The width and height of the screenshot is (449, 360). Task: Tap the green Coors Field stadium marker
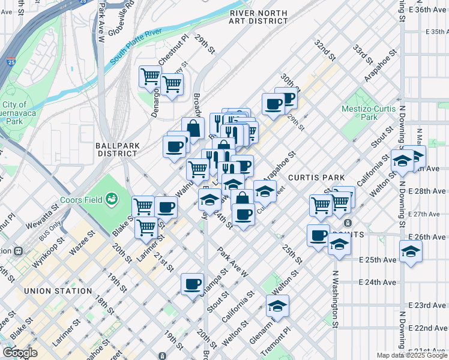click(x=111, y=198)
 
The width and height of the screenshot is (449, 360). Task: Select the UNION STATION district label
click(x=58, y=291)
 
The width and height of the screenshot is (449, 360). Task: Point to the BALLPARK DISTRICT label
click(x=118, y=149)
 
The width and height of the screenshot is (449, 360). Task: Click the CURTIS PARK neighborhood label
click(x=316, y=178)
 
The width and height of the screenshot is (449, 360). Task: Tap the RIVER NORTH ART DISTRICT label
click(x=258, y=16)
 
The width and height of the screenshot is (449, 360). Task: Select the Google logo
click(x=19, y=353)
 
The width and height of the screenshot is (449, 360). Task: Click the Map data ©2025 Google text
click(x=411, y=355)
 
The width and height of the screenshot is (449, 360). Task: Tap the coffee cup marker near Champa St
click(x=192, y=284)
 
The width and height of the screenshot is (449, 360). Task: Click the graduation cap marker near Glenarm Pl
click(x=277, y=307)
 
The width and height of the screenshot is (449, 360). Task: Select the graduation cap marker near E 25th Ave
click(x=411, y=252)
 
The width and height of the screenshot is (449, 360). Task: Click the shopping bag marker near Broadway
click(x=193, y=129)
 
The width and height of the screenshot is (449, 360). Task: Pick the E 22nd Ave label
click(x=428, y=328)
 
